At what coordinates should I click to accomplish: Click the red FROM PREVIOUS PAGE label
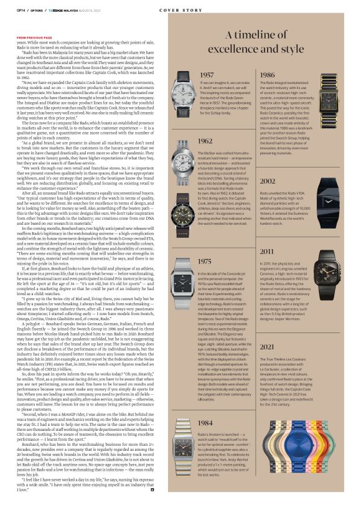[x=34, y=37]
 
